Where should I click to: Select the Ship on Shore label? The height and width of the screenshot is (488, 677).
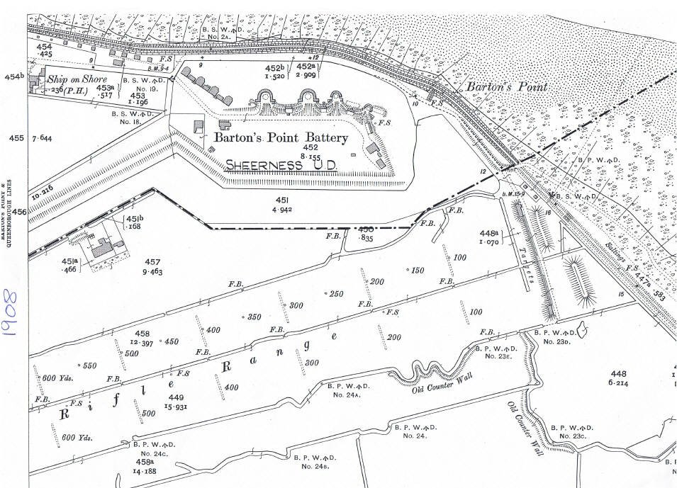pyautogui.click(x=77, y=79)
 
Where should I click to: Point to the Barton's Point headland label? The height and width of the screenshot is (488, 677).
pyautogui.click(x=507, y=86)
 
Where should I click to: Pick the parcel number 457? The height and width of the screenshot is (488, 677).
pyautogui.click(x=152, y=262)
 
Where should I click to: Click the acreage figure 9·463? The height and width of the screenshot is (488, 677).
pyautogui.click(x=152, y=271)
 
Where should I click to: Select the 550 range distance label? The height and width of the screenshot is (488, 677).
pyautogui.click(x=89, y=365)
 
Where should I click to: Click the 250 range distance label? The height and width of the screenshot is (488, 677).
pyautogui.click(x=336, y=293)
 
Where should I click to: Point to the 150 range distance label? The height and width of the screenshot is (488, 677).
pyautogui.click(x=417, y=270)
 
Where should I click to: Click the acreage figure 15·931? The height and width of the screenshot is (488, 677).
pyautogui.click(x=177, y=407)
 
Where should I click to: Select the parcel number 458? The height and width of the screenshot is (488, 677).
pyautogui.click(x=142, y=334)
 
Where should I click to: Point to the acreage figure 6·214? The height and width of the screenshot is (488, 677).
pyautogui.click(x=618, y=382)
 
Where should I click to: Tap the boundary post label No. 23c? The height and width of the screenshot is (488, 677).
pyautogui.click(x=573, y=436)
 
